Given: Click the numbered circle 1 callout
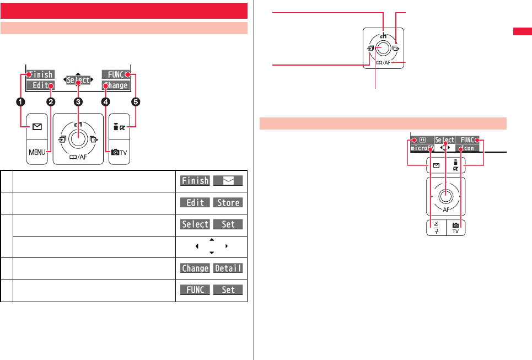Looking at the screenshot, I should (22, 101).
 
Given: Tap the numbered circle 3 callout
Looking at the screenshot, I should (78, 101).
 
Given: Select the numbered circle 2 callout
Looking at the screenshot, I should (51, 101).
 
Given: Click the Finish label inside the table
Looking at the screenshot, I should (195, 181).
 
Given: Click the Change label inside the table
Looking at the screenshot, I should (195, 268).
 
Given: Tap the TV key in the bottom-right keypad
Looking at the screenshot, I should (455, 228).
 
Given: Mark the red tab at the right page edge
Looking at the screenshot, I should (522, 32).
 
